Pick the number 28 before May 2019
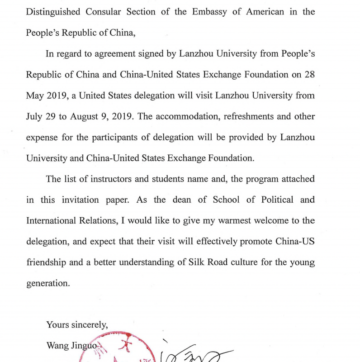coord(309,75)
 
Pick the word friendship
coord(45,262)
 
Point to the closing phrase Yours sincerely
coord(77,324)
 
